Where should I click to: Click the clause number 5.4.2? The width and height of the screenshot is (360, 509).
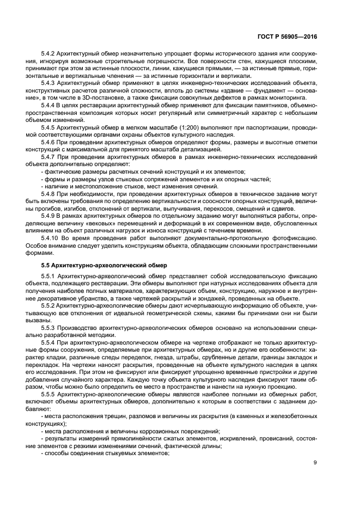49,55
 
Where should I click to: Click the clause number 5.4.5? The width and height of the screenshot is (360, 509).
49,127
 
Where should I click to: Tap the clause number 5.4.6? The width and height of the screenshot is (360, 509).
49,140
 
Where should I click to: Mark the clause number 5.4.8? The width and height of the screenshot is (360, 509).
49,193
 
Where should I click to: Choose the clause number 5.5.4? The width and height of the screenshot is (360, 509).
49,343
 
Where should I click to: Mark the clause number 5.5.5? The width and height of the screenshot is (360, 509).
49,395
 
